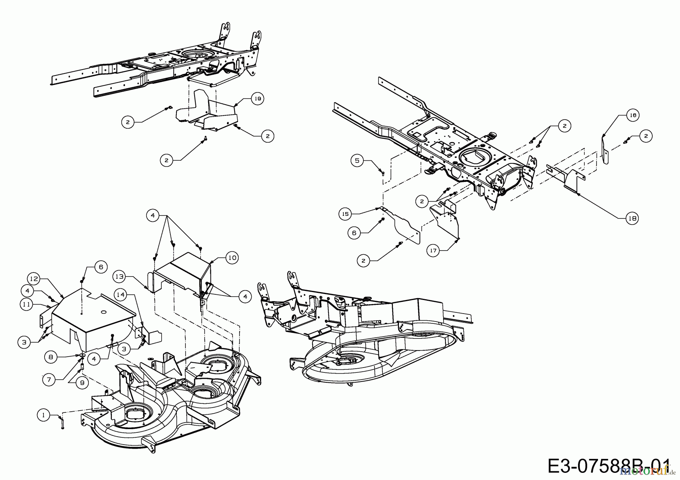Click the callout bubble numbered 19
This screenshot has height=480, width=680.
[258, 98]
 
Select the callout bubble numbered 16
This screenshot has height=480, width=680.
[633, 115]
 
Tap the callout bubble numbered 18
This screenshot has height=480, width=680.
[632, 218]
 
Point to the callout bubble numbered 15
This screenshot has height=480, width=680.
[346, 214]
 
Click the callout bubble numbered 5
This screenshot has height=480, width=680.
[357, 160]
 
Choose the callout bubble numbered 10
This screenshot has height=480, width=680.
[232, 258]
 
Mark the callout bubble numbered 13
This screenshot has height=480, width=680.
[119, 277]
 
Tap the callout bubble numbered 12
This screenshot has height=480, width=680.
[34, 279]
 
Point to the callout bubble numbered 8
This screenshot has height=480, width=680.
[51, 356]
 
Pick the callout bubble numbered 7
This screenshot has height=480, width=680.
[49, 379]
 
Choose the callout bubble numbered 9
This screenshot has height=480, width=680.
[82, 383]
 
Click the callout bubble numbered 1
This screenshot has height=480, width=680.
[43, 415]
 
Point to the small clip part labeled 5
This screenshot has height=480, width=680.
[382, 173]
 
